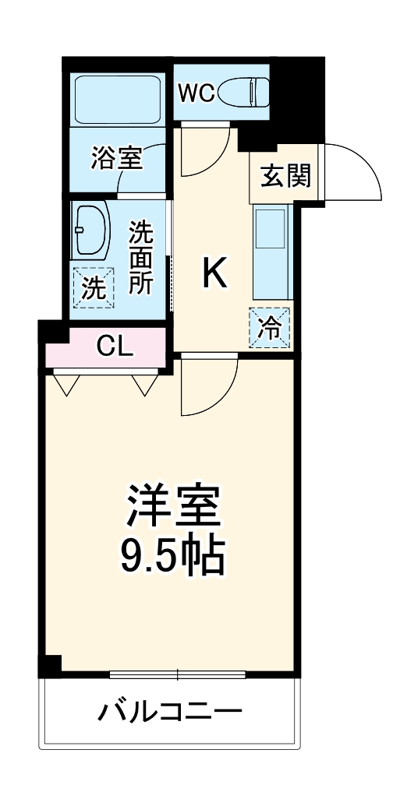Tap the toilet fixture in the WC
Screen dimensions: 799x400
pyautogui.click(x=242, y=93)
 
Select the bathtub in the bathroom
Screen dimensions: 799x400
pyautogui.click(x=117, y=99)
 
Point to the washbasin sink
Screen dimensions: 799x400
pyautogui.click(x=92, y=231)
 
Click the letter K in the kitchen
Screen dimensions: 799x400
pyautogui.click(x=214, y=273)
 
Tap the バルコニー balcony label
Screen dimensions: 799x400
pyautogui.click(x=170, y=710)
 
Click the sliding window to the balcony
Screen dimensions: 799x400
pyautogui.click(x=178, y=674)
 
